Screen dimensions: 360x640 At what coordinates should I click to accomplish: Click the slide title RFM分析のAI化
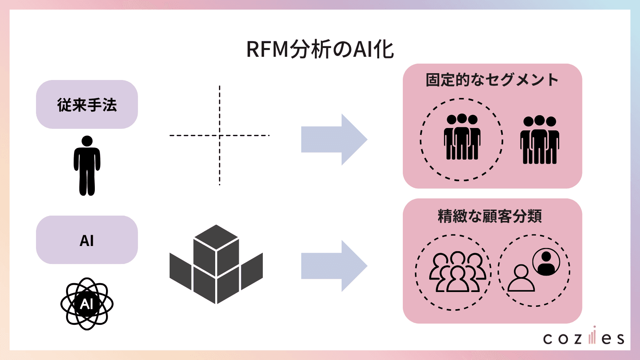(320, 50)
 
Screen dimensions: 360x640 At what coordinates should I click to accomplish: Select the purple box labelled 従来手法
(87, 104)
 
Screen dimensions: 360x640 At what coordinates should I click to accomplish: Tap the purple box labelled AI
(87, 240)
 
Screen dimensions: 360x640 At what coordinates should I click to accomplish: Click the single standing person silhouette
(87, 166)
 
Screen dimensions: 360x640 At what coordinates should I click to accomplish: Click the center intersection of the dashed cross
(220, 136)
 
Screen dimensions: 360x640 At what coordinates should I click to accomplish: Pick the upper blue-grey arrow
(334, 140)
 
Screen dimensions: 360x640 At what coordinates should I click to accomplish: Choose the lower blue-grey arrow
(334, 266)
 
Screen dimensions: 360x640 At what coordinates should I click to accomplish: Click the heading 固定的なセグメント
(492, 80)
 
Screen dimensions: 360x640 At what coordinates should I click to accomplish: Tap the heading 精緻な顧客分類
(490, 216)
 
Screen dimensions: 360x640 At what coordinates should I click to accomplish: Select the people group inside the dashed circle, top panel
(462, 137)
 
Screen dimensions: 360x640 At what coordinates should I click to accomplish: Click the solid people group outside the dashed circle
(540, 140)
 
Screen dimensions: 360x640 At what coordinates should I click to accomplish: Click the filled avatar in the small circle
(546, 262)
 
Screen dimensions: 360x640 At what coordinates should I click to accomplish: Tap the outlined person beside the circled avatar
(521, 278)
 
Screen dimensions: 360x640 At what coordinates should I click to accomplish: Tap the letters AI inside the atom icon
(87, 304)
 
